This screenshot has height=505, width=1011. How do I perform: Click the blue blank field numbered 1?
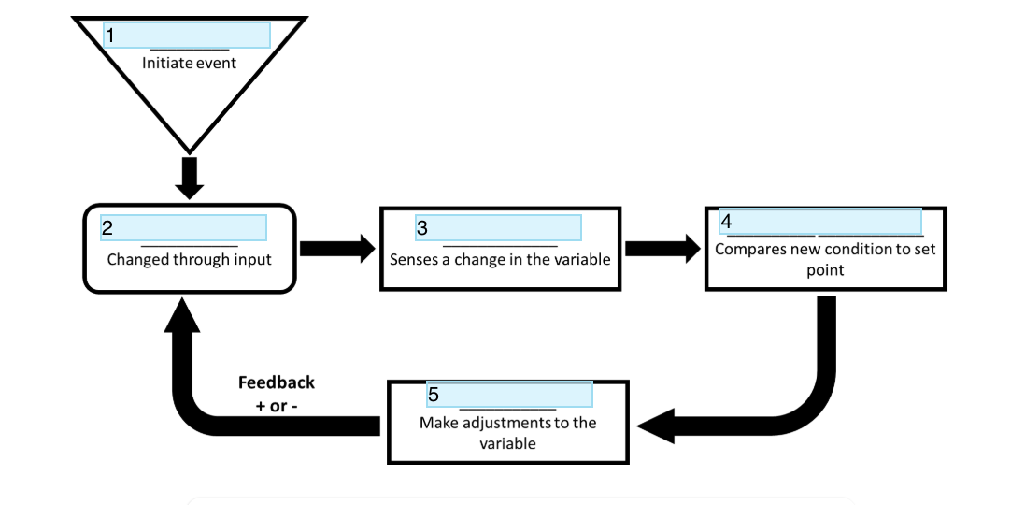click(x=187, y=35)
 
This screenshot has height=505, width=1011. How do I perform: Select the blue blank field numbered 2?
click(x=183, y=227)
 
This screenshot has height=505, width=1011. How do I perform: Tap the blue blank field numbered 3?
click(x=498, y=227)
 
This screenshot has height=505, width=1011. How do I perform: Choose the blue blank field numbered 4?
click(x=819, y=222)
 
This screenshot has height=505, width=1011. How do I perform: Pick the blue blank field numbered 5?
click(x=509, y=394)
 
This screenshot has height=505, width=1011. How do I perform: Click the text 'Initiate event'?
click(x=189, y=63)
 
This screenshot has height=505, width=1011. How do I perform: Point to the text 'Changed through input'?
click(x=189, y=259)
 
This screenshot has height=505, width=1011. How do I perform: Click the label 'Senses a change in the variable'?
click(x=500, y=259)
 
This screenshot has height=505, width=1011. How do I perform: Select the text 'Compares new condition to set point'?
click(x=825, y=259)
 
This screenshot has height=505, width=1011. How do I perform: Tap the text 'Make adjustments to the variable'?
click(x=507, y=432)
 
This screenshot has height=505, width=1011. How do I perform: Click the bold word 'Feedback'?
click(x=277, y=382)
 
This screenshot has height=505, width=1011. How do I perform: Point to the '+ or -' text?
click(x=277, y=406)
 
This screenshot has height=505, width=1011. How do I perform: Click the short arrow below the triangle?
click(x=189, y=178)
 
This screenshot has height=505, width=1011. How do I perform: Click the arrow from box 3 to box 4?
click(x=662, y=249)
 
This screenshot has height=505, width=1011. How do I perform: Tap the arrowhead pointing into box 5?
click(x=659, y=426)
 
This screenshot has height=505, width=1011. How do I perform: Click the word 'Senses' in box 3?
click(x=412, y=259)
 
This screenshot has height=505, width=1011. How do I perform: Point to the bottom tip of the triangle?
click(x=189, y=150)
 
